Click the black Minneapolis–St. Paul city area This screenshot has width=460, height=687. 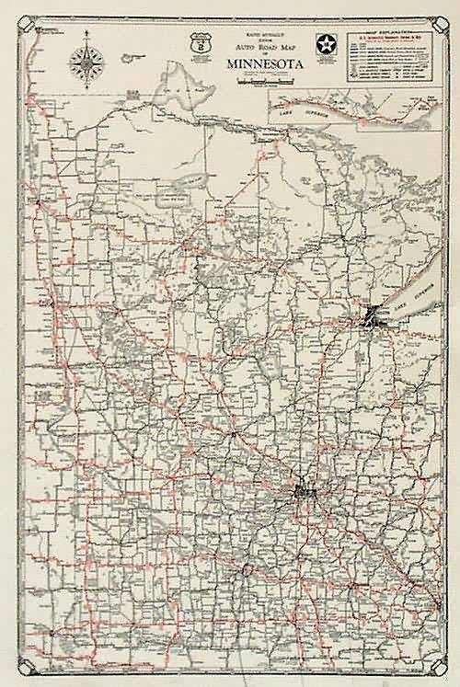306,492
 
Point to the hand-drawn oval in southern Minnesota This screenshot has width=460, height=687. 247,571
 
